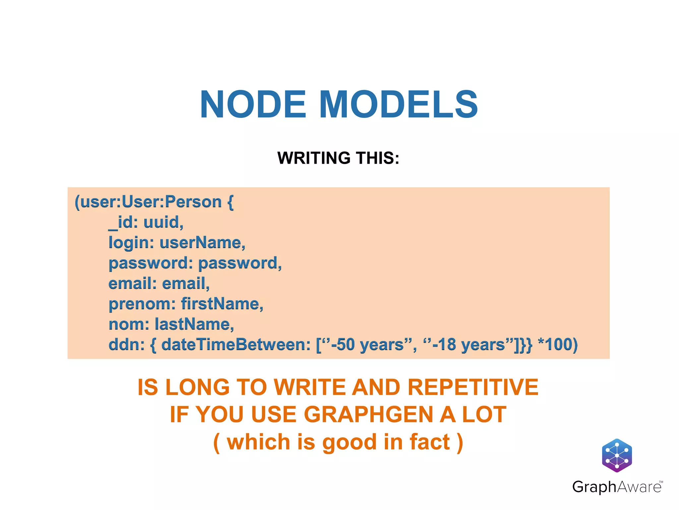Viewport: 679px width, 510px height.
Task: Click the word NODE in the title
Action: tap(253, 105)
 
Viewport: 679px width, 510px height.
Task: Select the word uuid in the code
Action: tap(163, 222)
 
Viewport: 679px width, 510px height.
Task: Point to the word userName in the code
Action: tap(202, 243)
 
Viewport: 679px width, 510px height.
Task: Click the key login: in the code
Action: tap(131, 243)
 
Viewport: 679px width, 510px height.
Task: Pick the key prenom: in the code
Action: tap(142, 304)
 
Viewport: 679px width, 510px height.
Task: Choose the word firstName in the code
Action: tap(222, 304)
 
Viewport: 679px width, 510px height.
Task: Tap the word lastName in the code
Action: tap(194, 324)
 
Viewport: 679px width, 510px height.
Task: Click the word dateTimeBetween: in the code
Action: tap(236, 345)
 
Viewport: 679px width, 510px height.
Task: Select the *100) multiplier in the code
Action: tap(558, 345)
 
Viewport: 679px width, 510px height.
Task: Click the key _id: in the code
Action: tap(123, 222)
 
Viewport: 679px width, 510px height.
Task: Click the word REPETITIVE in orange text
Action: tap(473, 387)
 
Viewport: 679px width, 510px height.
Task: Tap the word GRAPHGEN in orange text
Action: tap(368, 415)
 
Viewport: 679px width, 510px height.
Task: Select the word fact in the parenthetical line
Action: tap(430, 442)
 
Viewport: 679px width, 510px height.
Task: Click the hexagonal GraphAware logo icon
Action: tap(617, 455)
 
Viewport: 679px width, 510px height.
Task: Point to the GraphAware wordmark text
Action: tap(617, 487)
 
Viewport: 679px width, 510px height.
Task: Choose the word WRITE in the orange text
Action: tap(310, 387)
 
